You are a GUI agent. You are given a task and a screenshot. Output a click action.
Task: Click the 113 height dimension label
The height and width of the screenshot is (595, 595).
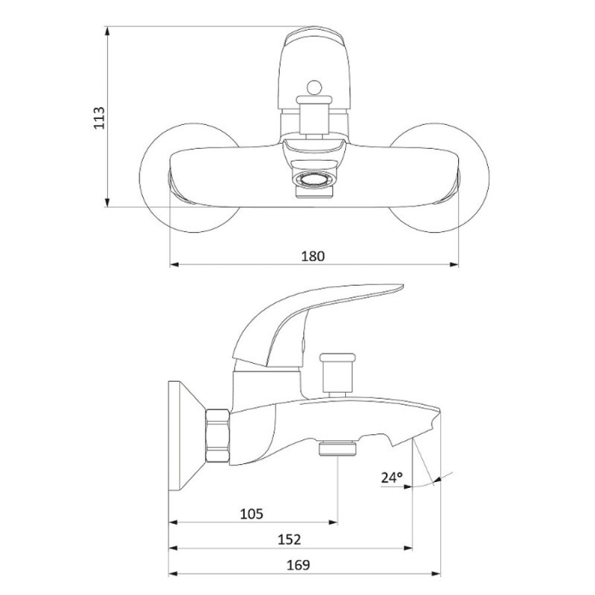click(x=99, y=118)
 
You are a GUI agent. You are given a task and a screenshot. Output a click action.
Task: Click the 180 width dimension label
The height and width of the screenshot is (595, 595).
click(x=313, y=256)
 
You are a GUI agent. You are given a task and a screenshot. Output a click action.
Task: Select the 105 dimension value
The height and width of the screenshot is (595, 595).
click(x=252, y=514)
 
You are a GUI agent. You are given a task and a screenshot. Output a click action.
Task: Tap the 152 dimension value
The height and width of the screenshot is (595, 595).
click(x=289, y=539)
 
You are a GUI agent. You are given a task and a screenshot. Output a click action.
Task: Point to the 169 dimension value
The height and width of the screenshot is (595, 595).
click(x=298, y=565)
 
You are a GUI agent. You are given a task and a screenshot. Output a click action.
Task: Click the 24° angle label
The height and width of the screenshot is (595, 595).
click(x=392, y=477)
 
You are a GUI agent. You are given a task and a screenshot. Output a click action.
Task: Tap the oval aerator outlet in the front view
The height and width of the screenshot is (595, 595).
click(x=314, y=178)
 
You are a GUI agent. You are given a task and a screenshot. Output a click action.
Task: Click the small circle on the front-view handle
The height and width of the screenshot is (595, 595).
click(x=314, y=87)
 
